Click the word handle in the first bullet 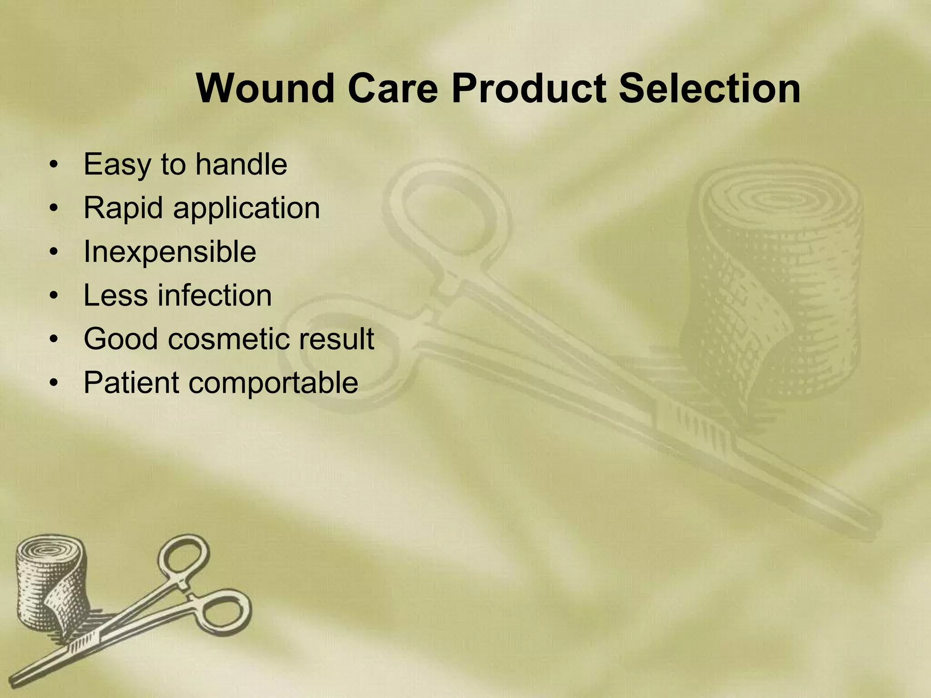(241, 164)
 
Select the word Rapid (123, 209)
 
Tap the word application (246, 209)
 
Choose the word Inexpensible (170, 252)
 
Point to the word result (336, 339)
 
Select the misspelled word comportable (273, 383)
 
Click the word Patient (131, 383)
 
